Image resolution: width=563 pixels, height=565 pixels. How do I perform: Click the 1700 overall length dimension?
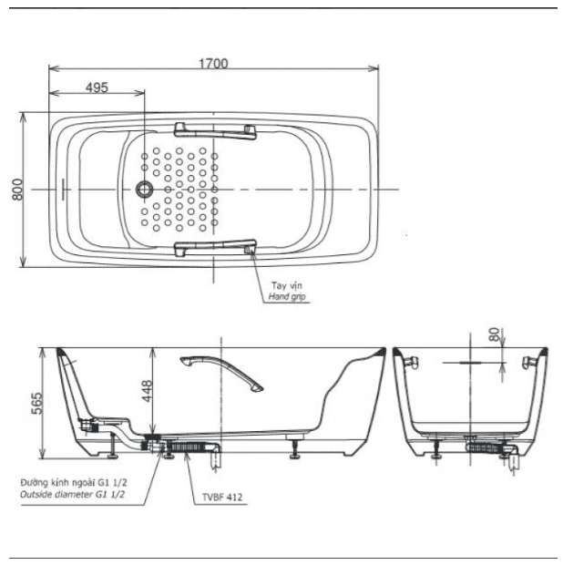click(215, 63)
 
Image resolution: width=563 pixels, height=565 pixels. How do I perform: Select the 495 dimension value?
click(97, 87)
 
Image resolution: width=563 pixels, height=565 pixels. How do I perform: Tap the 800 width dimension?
click(16, 189)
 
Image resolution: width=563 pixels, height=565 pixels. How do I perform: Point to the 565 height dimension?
click(36, 402)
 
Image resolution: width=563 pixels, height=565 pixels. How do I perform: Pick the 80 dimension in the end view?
click(494, 335)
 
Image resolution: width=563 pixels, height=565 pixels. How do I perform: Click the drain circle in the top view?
click(144, 190)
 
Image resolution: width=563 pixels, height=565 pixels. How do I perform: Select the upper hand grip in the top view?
click(215, 131)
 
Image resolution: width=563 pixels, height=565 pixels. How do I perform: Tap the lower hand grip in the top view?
click(215, 247)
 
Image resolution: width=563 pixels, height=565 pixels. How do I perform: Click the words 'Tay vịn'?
click(286, 286)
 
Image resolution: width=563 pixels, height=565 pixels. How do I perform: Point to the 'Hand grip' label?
click(288, 297)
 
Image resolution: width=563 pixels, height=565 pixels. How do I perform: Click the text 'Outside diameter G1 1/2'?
click(72, 493)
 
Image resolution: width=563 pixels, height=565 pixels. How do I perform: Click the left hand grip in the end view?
click(410, 364)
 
